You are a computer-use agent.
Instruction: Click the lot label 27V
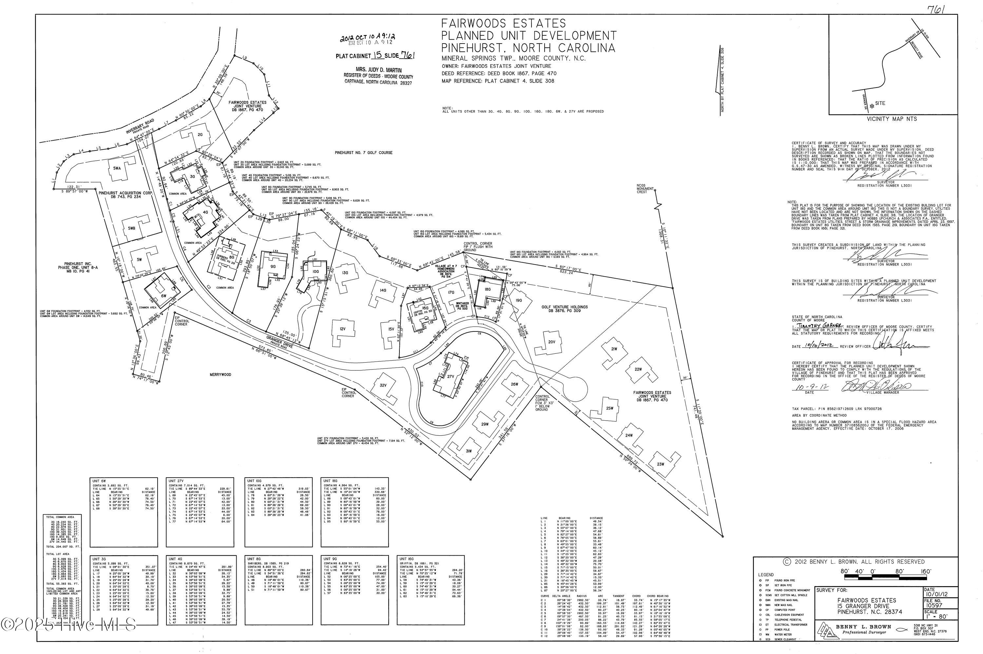pos(450,376)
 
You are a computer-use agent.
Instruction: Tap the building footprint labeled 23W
pos(660,464)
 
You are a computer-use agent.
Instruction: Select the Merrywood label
pos(221,375)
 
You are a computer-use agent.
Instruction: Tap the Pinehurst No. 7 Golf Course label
pos(363,153)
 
